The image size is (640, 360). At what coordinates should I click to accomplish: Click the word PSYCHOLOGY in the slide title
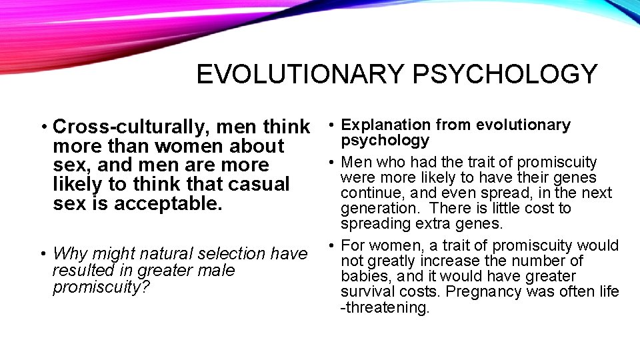click(505, 74)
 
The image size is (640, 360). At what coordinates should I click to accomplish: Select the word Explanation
click(385, 125)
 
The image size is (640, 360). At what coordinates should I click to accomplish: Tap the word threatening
click(388, 308)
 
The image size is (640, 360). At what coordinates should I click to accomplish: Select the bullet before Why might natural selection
click(42, 255)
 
